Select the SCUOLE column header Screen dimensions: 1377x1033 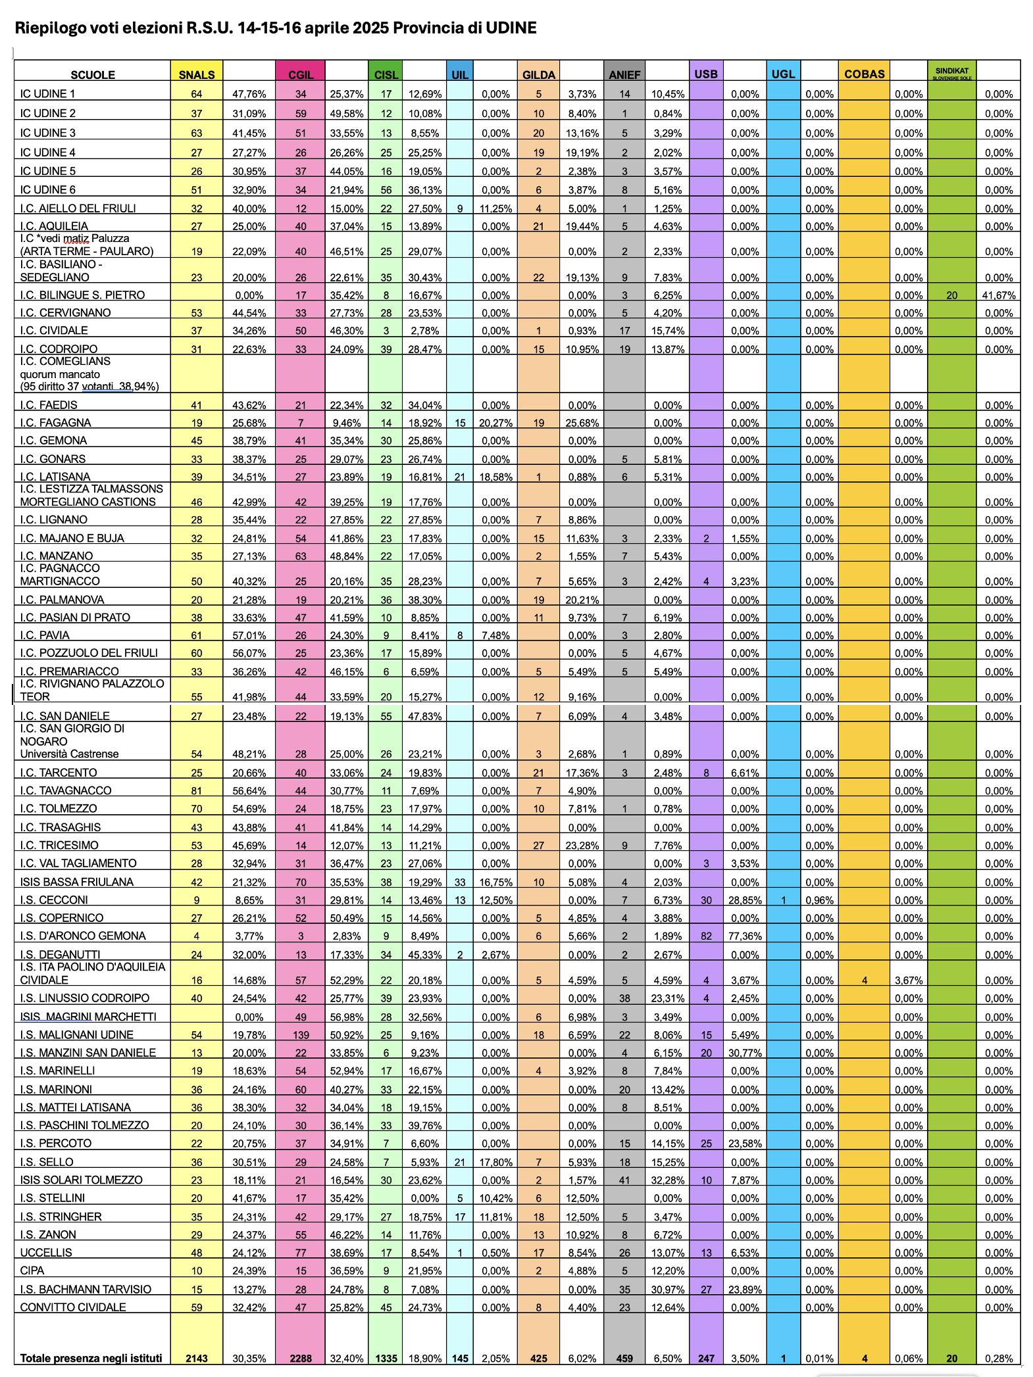pyautogui.click(x=93, y=75)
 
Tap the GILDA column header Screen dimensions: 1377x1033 pyautogui.click(x=538, y=75)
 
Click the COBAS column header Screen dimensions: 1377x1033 pyautogui.click(x=864, y=74)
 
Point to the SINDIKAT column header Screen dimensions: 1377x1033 pyautogui.click(x=951, y=71)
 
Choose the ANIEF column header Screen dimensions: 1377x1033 pyautogui.click(x=624, y=75)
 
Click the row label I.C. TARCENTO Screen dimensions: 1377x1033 pyautogui.click(x=59, y=773)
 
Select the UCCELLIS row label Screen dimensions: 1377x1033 pyautogui.click(x=46, y=1252)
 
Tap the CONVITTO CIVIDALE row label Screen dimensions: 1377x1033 pyautogui.click(x=73, y=1307)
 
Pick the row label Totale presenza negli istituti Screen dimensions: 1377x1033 pyautogui.click(x=91, y=1358)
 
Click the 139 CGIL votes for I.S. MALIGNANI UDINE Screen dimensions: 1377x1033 pyautogui.click(x=301, y=1035)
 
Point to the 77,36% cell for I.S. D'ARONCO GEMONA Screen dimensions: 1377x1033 pyautogui.click(x=745, y=936)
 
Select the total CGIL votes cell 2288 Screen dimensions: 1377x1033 pyautogui.click(x=301, y=1358)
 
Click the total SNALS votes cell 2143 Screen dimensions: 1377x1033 pyautogui.click(x=196, y=1358)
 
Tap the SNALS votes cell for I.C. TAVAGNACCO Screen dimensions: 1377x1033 pyautogui.click(x=196, y=790)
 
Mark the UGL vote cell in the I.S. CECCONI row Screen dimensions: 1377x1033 pyautogui.click(x=783, y=900)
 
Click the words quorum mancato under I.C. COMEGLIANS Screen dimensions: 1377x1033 pyautogui.click(x=60, y=374)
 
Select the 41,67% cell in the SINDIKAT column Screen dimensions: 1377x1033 pyautogui.click(x=998, y=295)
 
